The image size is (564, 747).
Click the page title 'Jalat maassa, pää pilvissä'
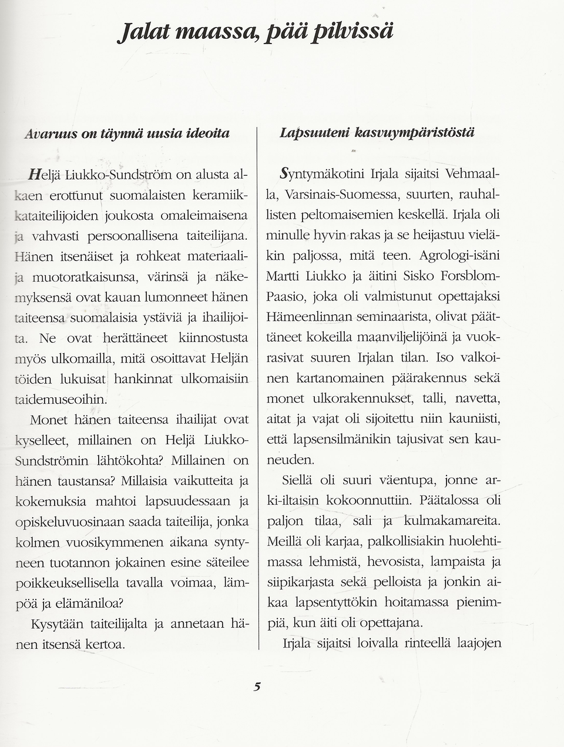[254, 30]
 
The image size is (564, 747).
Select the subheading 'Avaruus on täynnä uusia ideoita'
[127, 133]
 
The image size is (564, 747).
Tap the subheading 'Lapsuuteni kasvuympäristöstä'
[377, 132]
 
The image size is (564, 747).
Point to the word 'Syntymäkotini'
[323, 174]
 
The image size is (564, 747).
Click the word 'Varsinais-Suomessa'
[334, 195]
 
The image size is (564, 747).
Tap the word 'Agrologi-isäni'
[459, 256]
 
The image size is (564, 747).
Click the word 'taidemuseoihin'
[61, 399]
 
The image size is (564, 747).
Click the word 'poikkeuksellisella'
[67, 583]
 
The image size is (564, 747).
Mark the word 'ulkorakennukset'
[362, 398]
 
